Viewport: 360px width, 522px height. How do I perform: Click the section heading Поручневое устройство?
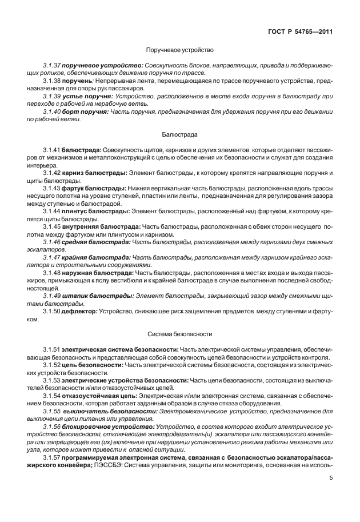[179, 50]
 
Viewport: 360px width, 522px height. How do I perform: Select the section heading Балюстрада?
[179, 135]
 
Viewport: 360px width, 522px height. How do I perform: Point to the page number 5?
[331, 495]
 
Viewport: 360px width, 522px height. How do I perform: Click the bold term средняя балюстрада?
[99, 241]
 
